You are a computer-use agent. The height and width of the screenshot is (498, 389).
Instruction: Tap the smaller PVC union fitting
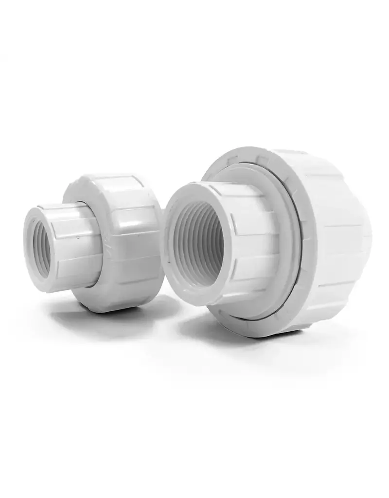point(92,243)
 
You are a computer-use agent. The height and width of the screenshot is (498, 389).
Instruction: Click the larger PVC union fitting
point(272,243)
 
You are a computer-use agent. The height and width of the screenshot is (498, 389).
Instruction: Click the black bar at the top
point(194,27)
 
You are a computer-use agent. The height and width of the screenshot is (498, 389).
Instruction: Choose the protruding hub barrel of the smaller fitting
point(73,248)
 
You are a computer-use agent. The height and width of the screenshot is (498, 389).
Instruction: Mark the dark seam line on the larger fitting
point(298,229)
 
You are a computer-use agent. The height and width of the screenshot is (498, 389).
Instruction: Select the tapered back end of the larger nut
point(362,233)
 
